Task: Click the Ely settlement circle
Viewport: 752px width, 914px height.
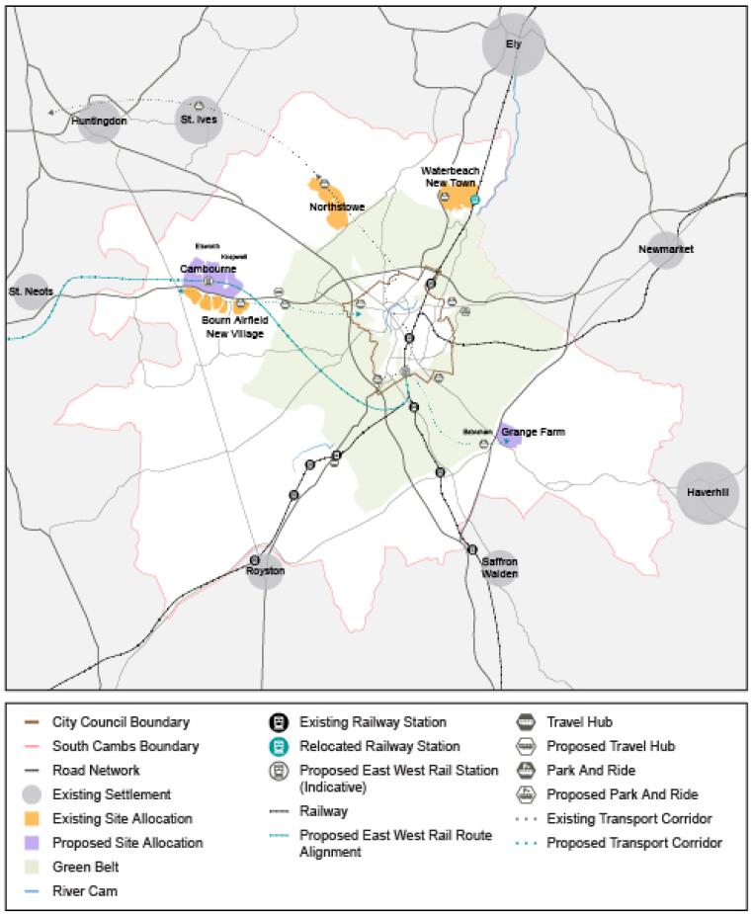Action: click(513, 44)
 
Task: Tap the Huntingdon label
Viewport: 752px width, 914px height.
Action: click(100, 121)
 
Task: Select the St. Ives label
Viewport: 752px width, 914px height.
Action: click(199, 121)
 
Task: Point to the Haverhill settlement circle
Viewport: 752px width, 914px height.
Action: click(708, 492)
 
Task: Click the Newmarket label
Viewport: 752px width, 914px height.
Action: click(666, 249)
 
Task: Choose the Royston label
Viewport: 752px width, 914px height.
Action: click(265, 571)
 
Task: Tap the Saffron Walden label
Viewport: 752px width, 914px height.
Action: click(500, 567)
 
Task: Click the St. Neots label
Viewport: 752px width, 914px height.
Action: click(31, 291)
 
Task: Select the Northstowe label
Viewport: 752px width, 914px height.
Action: click(337, 208)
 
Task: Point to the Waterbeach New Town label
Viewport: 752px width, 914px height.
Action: click(452, 177)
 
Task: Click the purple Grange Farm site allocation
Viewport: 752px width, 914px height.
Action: click(508, 435)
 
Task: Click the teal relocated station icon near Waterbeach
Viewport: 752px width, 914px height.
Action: click(474, 200)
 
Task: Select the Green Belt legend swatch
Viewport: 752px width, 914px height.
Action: click(34, 867)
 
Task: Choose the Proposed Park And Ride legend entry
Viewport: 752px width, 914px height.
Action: click(621, 794)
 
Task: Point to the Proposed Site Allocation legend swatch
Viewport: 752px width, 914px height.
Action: click(34, 843)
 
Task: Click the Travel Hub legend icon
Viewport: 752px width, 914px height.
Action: click(527, 723)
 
